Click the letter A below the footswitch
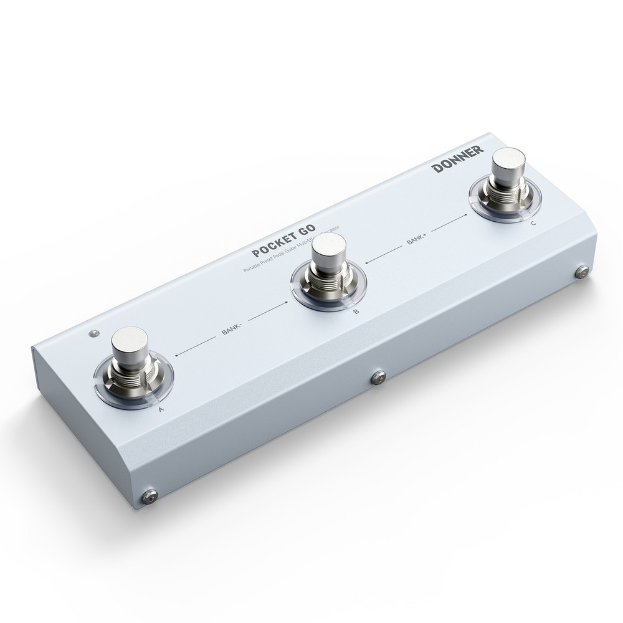coord(161,409)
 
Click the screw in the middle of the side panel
coord(378,377)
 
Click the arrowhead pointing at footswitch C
coord(465,216)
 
